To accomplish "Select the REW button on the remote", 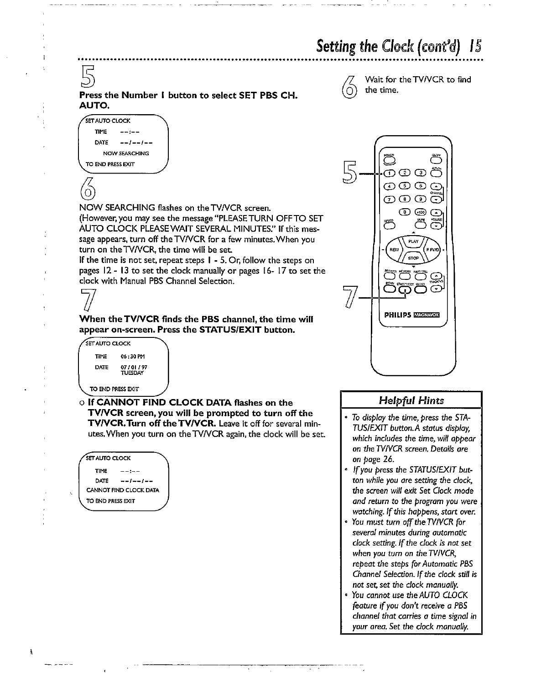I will (x=395, y=250).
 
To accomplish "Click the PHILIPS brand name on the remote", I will (x=398, y=315).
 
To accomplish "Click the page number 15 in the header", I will (x=474, y=47).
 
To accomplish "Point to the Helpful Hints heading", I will (x=411, y=400).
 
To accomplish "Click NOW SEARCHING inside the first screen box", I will (x=126, y=153).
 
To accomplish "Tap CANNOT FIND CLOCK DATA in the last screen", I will (x=123, y=490).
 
